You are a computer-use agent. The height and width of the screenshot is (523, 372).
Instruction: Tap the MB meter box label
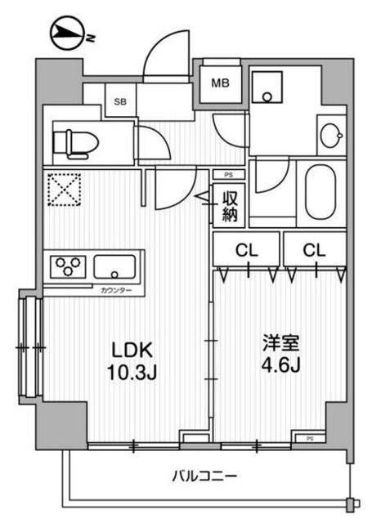pyautogui.click(x=221, y=83)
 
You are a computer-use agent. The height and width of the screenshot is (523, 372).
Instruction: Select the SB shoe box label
pyautogui.click(x=120, y=101)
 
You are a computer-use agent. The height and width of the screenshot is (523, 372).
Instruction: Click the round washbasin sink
pyautogui.click(x=331, y=136)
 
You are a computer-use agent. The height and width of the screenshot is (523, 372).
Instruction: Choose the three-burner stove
pyautogui.click(x=66, y=266)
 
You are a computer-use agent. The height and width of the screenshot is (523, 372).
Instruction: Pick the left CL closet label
pyautogui.click(x=246, y=250)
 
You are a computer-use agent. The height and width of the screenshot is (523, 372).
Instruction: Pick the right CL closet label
pyautogui.click(x=315, y=250)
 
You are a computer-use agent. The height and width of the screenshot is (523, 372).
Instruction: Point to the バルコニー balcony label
pyautogui.click(x=204, y=475)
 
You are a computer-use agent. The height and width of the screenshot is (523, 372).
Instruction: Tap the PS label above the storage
pyautogui.click(x=227, y=174)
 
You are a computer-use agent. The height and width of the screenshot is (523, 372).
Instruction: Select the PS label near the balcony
pyautogui.click(x=310, y=439)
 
